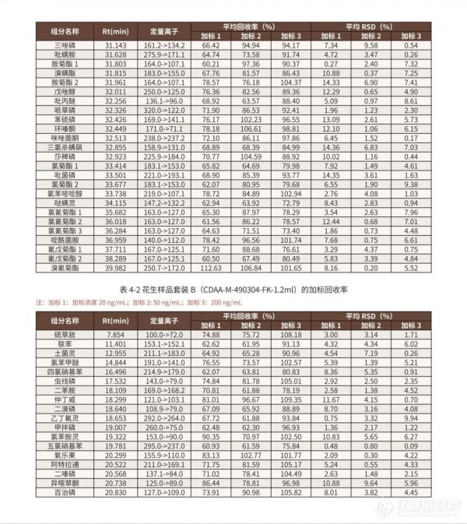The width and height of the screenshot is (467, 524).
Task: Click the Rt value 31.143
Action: click(114, 46)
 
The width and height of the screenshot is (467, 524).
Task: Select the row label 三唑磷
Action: click(64, 46)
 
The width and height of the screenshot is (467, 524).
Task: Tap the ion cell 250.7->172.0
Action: click(166, 267)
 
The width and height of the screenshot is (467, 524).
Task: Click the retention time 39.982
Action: click(114, 267)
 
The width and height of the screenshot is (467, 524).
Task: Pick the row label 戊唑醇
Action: click(64, 92)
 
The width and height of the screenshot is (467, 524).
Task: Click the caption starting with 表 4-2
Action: click(233, 289)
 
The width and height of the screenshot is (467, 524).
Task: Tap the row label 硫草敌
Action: click(64, 333)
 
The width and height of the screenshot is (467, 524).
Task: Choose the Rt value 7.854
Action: click(115, 333)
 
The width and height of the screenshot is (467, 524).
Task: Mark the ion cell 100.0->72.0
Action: click(166, 333)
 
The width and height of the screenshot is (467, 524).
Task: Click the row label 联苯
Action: click(64, 343)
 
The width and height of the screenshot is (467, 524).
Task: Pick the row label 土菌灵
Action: click(64, 353)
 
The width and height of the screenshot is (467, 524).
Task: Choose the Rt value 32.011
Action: click(114, 92)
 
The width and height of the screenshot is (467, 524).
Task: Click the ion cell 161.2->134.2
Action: click(166, 46)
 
